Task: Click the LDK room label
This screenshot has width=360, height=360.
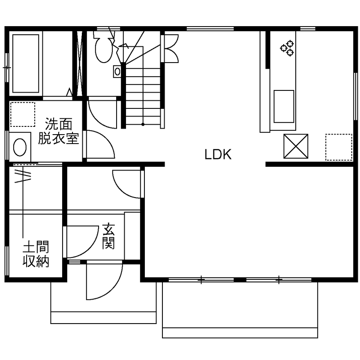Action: [x=218, y=154]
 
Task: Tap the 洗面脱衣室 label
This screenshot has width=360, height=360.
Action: [x=59, y=132]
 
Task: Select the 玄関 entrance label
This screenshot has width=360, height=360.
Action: [x=108, y=237]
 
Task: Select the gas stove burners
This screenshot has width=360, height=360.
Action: [x=287, y=48]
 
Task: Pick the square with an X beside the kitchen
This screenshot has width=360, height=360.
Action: [x=295, y=146]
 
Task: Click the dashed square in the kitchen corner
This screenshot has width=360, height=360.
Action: [x=339, y=147]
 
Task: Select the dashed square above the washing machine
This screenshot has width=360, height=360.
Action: [x=23, y=114]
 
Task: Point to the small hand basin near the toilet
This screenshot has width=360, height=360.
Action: [x=117, y=72]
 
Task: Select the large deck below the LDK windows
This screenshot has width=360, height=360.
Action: [x=240, y=309]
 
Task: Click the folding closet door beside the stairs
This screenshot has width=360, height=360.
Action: [x=170, y=48]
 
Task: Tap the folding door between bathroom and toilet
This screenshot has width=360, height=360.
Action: [x=79, y=63]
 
